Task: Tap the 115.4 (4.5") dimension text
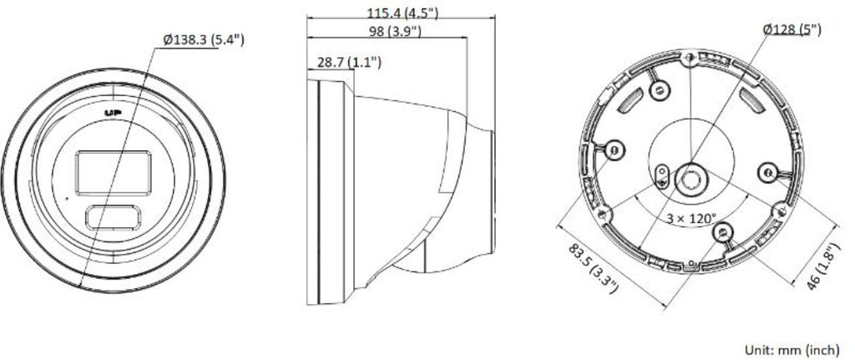click(403, 13)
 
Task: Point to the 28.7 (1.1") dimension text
click(349, 62)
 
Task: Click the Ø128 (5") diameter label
click(791, 30)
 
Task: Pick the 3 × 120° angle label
click(691, 218)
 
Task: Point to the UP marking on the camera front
click(113, 111)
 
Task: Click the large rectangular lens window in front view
click(111, 171)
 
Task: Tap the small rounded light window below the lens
click(113, 217)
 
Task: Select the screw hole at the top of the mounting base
click(689, 58)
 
